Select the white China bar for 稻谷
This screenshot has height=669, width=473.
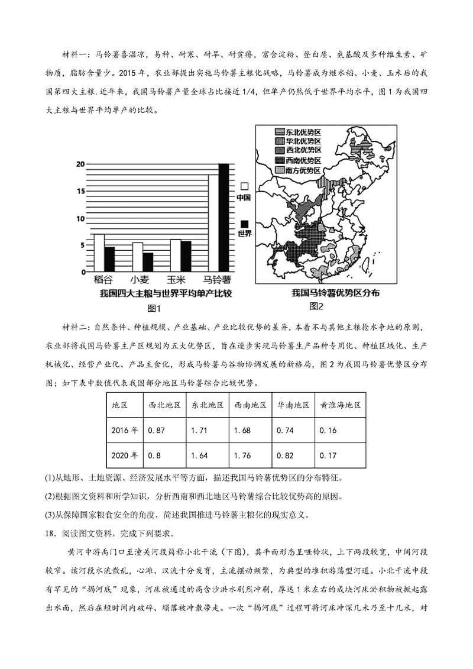pos(99,252)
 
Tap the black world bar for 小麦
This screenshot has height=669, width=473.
pos(148,261)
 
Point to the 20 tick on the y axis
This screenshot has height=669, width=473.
pos(80,164)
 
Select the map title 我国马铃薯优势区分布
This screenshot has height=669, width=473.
pos(336,293)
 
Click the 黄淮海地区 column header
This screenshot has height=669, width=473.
pos(340,405)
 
